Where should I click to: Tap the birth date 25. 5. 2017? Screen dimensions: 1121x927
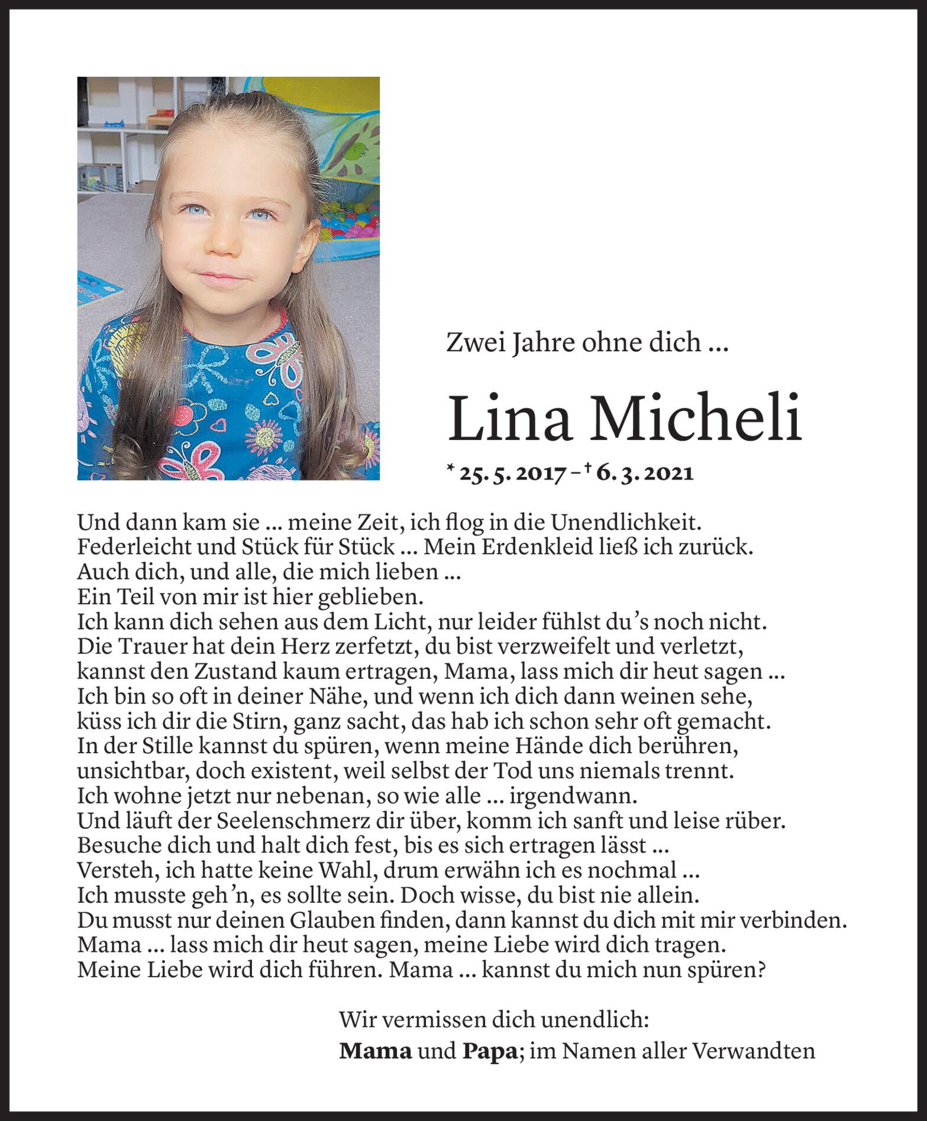pyautogui.click(x=510, y=474)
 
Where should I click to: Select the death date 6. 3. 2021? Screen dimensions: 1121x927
pyautogui.click(x=645, y=474)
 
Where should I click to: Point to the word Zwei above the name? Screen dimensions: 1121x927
pyautogui.click(x=470, y=342)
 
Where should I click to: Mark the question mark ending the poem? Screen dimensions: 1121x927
pyautogui.click(x=761, y=970)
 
